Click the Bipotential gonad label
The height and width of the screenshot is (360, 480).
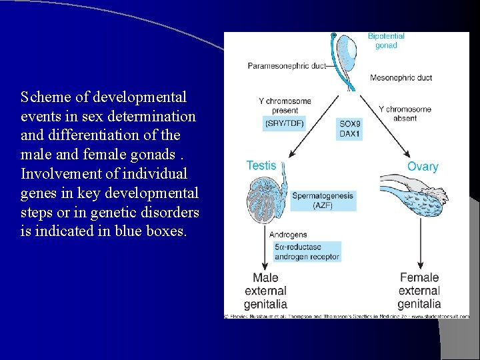[386, 41]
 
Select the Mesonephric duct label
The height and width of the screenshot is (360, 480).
[401, 77]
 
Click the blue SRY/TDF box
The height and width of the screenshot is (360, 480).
[285, 124]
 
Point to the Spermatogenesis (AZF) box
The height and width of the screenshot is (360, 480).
[323, 201]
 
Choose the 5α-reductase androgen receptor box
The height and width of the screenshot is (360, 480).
[307, 251]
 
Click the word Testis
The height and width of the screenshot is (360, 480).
[261, 165]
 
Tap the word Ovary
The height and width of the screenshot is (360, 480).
[423, 166]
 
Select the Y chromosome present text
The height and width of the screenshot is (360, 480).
[285, 106]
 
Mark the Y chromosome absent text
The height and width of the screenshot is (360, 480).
[405, 113]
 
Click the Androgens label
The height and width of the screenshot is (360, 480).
[288, 235]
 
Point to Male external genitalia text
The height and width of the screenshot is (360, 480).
[265, 291]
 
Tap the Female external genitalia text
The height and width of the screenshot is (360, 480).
[419, 291]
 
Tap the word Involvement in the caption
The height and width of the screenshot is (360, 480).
[57, 174]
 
